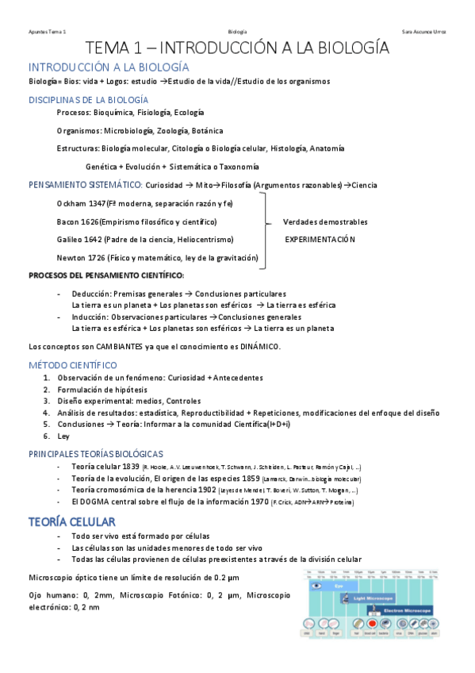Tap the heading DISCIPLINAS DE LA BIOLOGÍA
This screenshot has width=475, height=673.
point(88,100)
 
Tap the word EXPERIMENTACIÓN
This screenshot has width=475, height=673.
point(320,239)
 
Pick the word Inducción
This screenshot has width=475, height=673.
point(90,317)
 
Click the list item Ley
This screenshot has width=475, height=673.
point(63,436)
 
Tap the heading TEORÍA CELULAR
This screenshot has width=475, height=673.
point(72,521)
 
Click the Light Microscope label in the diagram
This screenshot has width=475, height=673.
point(371,596)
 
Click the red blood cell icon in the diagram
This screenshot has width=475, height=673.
point(372,624)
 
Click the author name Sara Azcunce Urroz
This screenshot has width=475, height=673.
point(424,31)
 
